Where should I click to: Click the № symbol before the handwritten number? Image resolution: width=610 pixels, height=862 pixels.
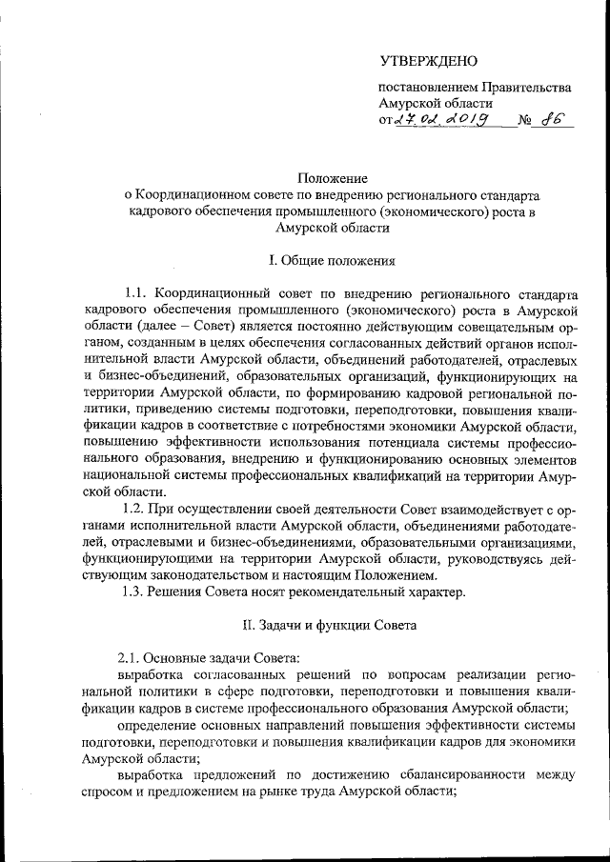tap(524, 122)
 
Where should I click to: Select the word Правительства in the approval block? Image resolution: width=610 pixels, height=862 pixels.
tap(526, 87)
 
